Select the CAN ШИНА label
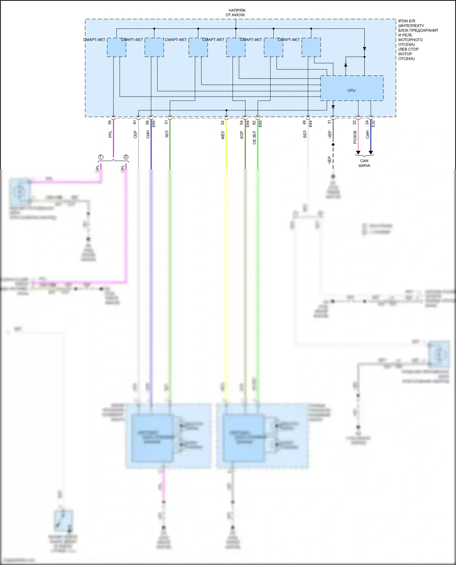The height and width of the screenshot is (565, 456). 364,163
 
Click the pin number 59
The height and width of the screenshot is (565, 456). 110,122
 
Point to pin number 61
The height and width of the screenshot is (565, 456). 135,122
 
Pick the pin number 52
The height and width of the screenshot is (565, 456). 223,122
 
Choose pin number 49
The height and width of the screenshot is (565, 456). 304,122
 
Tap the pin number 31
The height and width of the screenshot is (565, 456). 329,122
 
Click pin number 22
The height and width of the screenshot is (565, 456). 354,122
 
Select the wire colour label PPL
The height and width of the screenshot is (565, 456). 110,134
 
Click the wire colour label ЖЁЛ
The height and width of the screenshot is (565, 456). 223,135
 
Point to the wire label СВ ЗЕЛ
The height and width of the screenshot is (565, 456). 254,138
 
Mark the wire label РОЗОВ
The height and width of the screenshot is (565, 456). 355,137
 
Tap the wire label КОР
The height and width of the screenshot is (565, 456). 242,135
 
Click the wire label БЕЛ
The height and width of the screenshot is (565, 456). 305,134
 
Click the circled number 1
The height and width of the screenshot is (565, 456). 101,157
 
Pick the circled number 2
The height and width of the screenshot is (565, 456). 126,157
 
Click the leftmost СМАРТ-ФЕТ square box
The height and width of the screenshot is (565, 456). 116,47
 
